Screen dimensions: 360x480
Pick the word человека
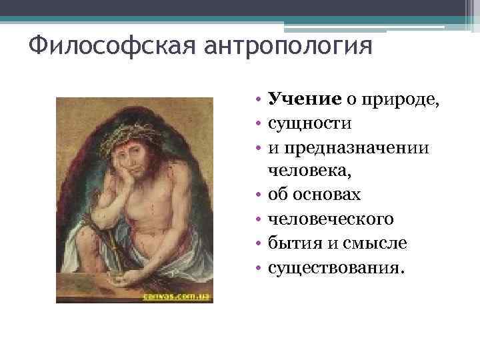pyautogui.click(x=309, y=171)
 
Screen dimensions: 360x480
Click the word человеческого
pyautogui.click(x=331, y=219)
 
